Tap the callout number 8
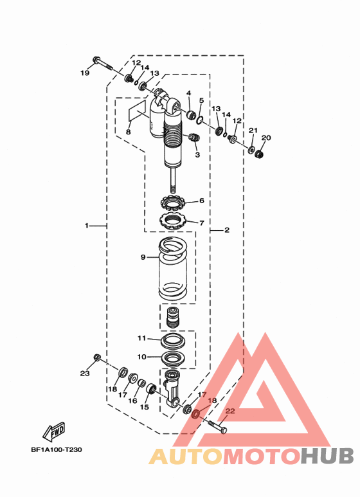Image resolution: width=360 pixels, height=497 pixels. tap(128, 132)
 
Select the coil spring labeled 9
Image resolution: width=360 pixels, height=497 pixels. tap(173, 269)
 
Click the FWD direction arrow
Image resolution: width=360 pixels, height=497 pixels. tap(54, 431)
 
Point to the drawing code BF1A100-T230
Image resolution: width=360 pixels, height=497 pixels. tap(57, 450)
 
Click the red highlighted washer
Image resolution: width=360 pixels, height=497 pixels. tap(196, 414)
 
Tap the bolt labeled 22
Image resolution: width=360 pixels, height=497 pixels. tap(217, 427)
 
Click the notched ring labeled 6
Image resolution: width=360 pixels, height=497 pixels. tap(173, 203)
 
